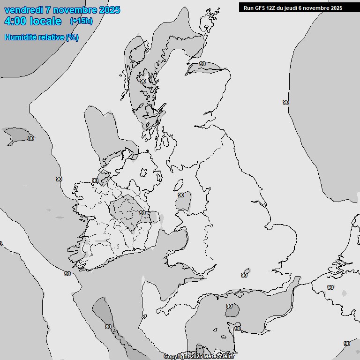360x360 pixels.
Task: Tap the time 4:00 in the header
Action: (15, 21)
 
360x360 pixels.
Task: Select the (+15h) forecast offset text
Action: (81, 21)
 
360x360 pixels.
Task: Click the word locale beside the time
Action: (45, 21)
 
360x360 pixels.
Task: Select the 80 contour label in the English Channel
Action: (229, 307)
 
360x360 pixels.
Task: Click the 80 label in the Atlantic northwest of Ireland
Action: (31, 138)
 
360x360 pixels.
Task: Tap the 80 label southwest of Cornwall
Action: (108, 327)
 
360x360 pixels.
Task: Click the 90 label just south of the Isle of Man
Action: (181, 195)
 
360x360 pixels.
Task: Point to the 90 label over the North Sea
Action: (286, 102)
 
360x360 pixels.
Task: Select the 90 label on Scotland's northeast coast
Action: (202, 64)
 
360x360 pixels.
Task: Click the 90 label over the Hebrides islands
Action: (142, 81)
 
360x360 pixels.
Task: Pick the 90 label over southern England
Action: (244, 276)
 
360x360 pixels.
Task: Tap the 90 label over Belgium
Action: (330, 287)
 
